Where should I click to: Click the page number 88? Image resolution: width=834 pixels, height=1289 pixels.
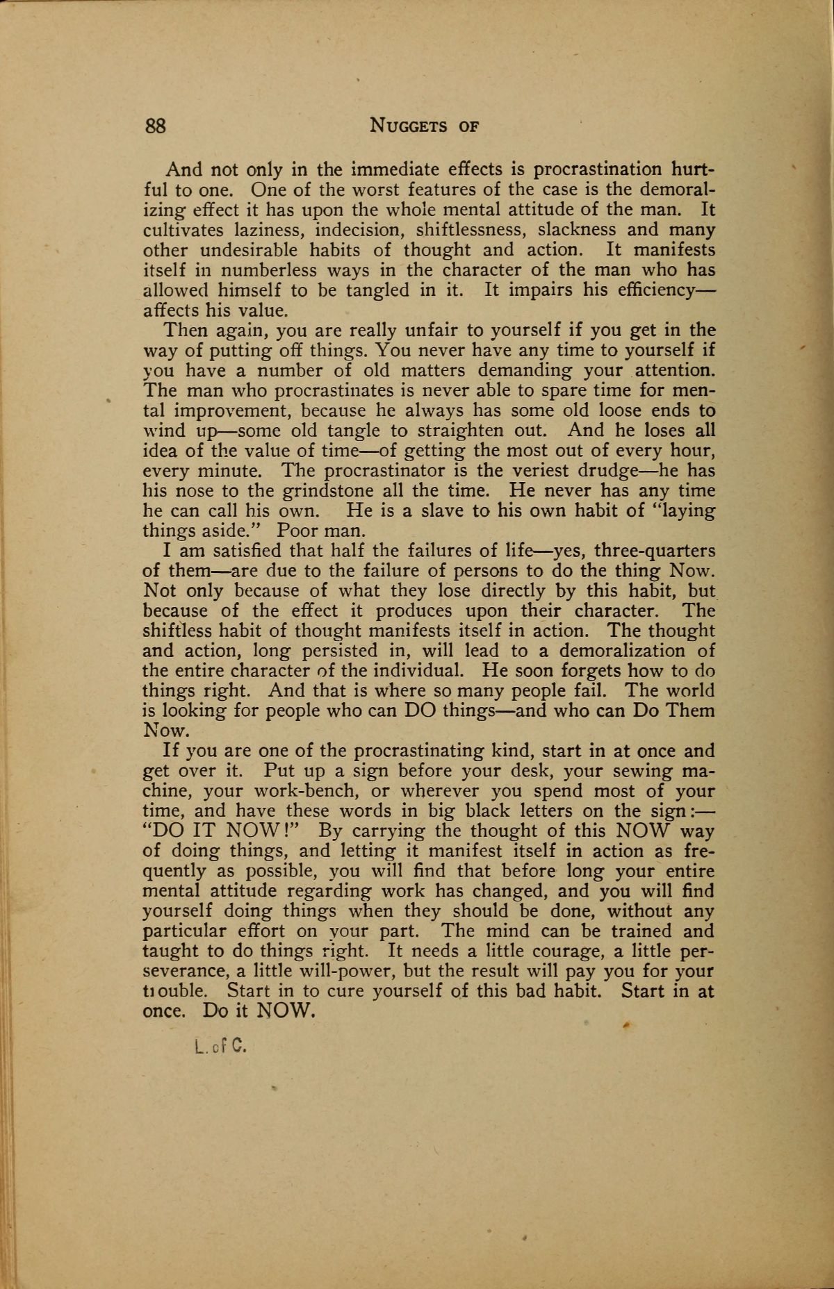point(154,126)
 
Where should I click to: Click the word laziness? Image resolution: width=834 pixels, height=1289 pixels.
point(262,230)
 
